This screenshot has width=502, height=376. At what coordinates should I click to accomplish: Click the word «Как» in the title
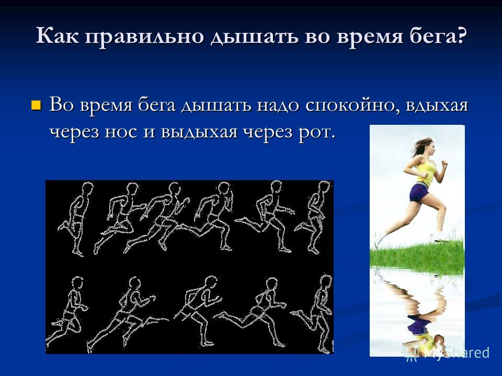[x=58, y=36]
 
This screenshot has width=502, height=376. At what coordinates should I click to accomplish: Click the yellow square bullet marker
[x=36, y=104]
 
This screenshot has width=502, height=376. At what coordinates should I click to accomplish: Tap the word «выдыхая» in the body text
[x=199, y=132]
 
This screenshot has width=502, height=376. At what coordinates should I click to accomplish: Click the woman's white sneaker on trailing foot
[x=379, y=239]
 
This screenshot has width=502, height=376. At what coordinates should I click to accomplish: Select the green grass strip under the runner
[x=417, y=256]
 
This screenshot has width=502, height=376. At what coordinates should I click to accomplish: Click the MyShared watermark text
[x=448, y=352]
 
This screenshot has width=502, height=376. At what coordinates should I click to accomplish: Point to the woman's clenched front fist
[x=444, y=163]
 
